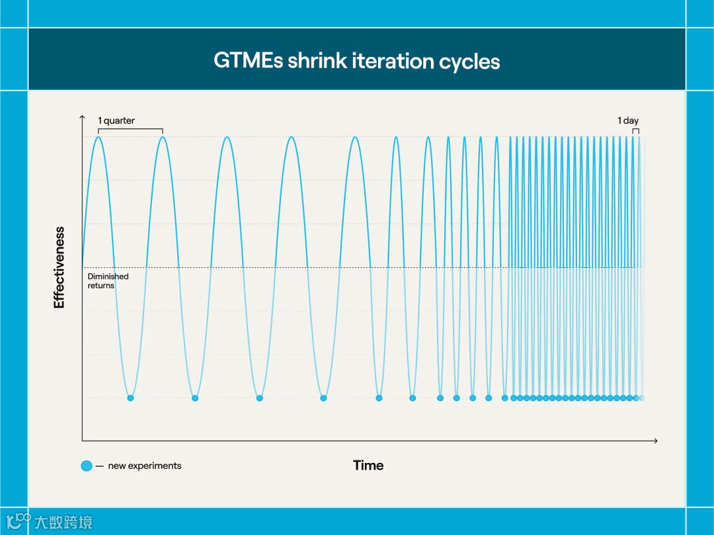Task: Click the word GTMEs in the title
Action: tap(248, 61)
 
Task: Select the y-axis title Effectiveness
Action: tap(59, 267)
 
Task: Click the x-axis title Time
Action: tap(368, 466)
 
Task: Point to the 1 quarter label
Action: tap(116, 120)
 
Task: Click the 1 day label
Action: tap(628, 120)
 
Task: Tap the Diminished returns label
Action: tap(108, 281)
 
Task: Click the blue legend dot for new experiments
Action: tap(87, 466)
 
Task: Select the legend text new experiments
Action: tap(144, 466)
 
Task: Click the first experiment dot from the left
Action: tap(130, 398)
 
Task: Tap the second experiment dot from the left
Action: tap(194, 398)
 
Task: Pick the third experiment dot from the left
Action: tap(259, 398)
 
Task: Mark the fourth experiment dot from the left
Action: tap(323, 398)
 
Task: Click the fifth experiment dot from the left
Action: tap(379, 398)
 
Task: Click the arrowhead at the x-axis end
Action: tap(655, 440)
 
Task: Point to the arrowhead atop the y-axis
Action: tap(82, 118)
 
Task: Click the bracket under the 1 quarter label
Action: tap(130, 130)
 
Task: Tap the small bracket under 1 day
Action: tap(635, 130)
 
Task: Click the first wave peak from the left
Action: tap(99, 138)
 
